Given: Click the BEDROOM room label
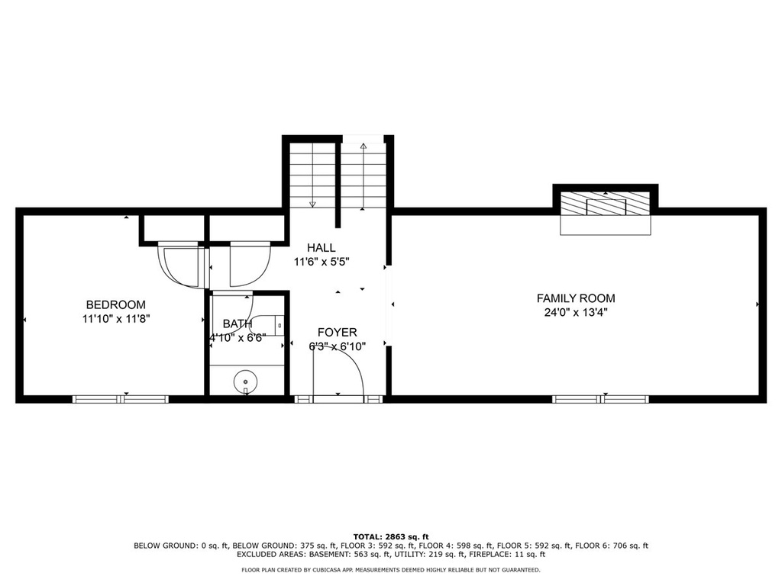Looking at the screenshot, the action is pos(116,304).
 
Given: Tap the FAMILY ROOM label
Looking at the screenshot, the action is pos(576,298).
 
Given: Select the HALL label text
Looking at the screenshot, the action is pos(322,248).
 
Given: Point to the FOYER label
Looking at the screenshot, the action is pos(337,333).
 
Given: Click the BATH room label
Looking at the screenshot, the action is pos(238,324).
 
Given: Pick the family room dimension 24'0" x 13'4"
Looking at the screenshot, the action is pos(576,313).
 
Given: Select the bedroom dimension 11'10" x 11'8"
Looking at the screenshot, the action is pos(116,319).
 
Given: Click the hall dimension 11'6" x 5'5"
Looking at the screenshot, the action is pos(322,262).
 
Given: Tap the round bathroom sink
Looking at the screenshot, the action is pos(246,382).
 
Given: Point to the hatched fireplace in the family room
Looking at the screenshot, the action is pos(606,204).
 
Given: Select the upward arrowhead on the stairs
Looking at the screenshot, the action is pos(363,146).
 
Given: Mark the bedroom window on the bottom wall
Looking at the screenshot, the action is pos(121,399).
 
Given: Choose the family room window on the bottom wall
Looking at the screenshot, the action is pos(600,399).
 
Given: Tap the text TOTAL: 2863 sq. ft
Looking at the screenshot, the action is pos(391,536).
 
